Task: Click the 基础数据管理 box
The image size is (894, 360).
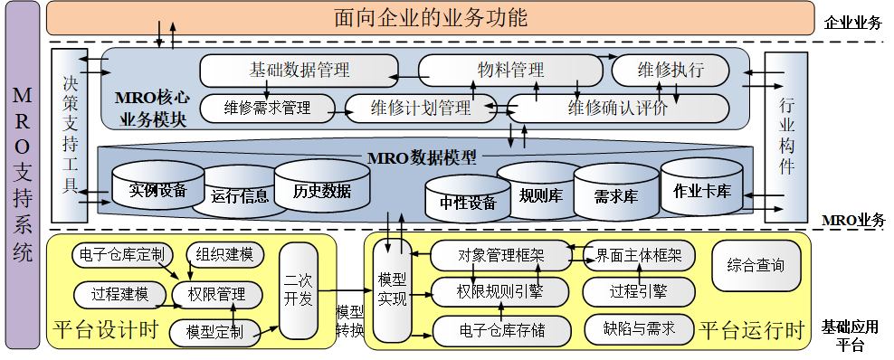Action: click(299, 70)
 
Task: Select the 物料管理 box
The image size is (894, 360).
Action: click(510, 70)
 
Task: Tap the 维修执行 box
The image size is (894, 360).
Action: click(670, 70)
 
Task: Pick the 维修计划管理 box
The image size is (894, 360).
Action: click(421, 109)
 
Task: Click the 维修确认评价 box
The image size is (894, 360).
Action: click(618, 109)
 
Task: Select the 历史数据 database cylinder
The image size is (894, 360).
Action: click(322, 190)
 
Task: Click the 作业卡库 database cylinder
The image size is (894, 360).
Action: click(702, 191)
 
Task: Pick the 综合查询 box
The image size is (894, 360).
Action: click(756, 266)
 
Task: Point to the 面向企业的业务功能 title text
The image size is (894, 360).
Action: click(430, 18)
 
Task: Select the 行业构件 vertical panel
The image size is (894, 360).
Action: click(786, 136)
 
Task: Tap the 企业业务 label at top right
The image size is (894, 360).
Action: click(852, 23)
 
